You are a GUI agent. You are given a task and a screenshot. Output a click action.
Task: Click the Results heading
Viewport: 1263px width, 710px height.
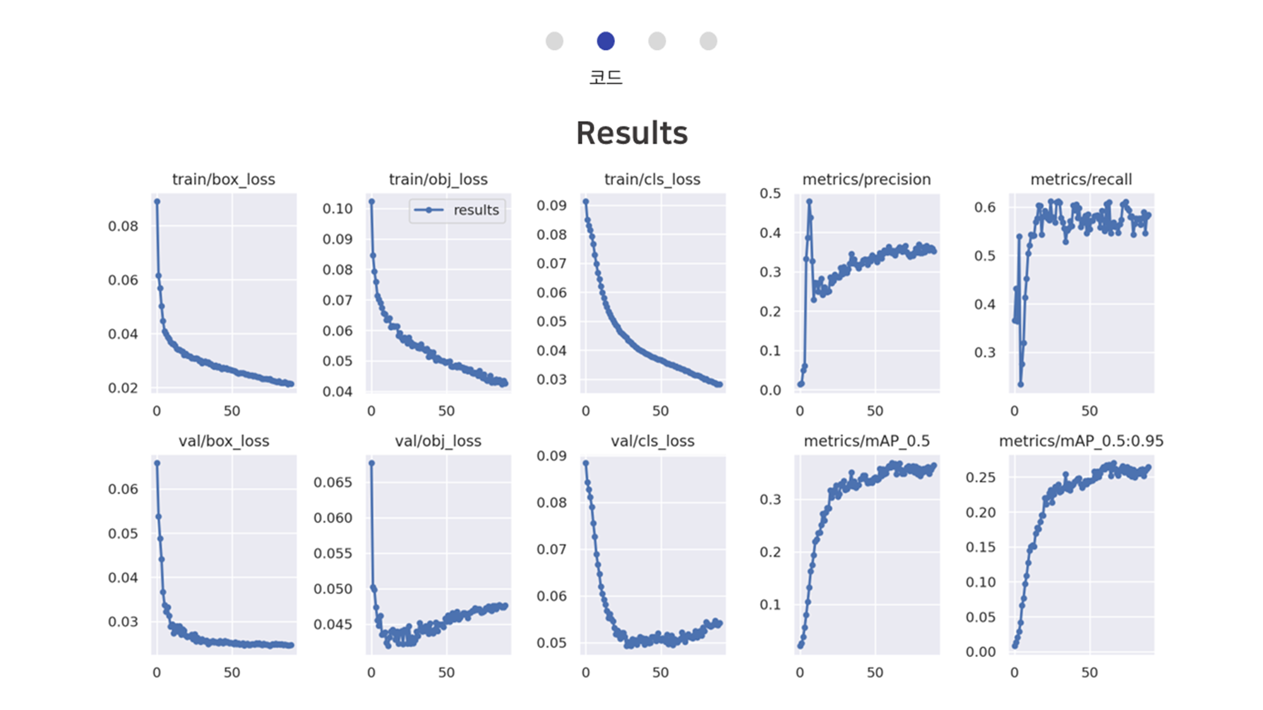point(631,133)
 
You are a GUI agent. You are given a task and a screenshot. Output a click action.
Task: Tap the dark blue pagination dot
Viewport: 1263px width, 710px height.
point(606,41)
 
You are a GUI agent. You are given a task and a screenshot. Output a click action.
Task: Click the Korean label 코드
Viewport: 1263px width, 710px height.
point(606,78)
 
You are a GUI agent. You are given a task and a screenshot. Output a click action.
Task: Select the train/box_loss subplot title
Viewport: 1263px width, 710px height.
point(224,179)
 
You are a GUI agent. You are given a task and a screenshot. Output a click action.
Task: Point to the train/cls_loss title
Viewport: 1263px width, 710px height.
point(652,179)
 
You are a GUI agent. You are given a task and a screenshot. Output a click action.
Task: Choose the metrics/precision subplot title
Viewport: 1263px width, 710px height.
point(866,179)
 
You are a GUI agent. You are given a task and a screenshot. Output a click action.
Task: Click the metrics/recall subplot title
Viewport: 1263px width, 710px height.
point(1081,179)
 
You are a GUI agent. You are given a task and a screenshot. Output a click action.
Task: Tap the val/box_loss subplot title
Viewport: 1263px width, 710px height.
point(224,441)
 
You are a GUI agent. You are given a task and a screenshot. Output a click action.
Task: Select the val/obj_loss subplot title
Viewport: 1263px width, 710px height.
point(438,441)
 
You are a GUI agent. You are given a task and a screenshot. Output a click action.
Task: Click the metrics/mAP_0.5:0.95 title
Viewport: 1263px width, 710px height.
point(1081,441)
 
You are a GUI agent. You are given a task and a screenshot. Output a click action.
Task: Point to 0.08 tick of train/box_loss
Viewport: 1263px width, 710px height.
point(123,226)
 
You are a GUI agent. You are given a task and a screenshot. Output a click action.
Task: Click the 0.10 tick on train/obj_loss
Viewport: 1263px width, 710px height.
point(338,209)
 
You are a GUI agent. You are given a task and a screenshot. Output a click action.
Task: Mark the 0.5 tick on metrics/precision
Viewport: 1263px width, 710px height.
point(770,193)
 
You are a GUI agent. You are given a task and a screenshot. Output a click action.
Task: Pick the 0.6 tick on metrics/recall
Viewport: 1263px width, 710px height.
point(985,207)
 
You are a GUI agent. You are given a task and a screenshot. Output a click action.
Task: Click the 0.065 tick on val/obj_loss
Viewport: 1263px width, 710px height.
point(333,482)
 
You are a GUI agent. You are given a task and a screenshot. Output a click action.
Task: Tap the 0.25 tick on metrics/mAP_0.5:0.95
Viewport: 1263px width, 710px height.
point(981,477)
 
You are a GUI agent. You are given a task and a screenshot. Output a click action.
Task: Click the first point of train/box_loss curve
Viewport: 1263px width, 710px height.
point(157,201)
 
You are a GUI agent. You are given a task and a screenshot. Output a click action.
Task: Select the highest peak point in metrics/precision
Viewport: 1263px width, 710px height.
point(809,202)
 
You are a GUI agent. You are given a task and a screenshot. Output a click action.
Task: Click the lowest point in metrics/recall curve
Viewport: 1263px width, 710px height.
point(1021,384)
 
